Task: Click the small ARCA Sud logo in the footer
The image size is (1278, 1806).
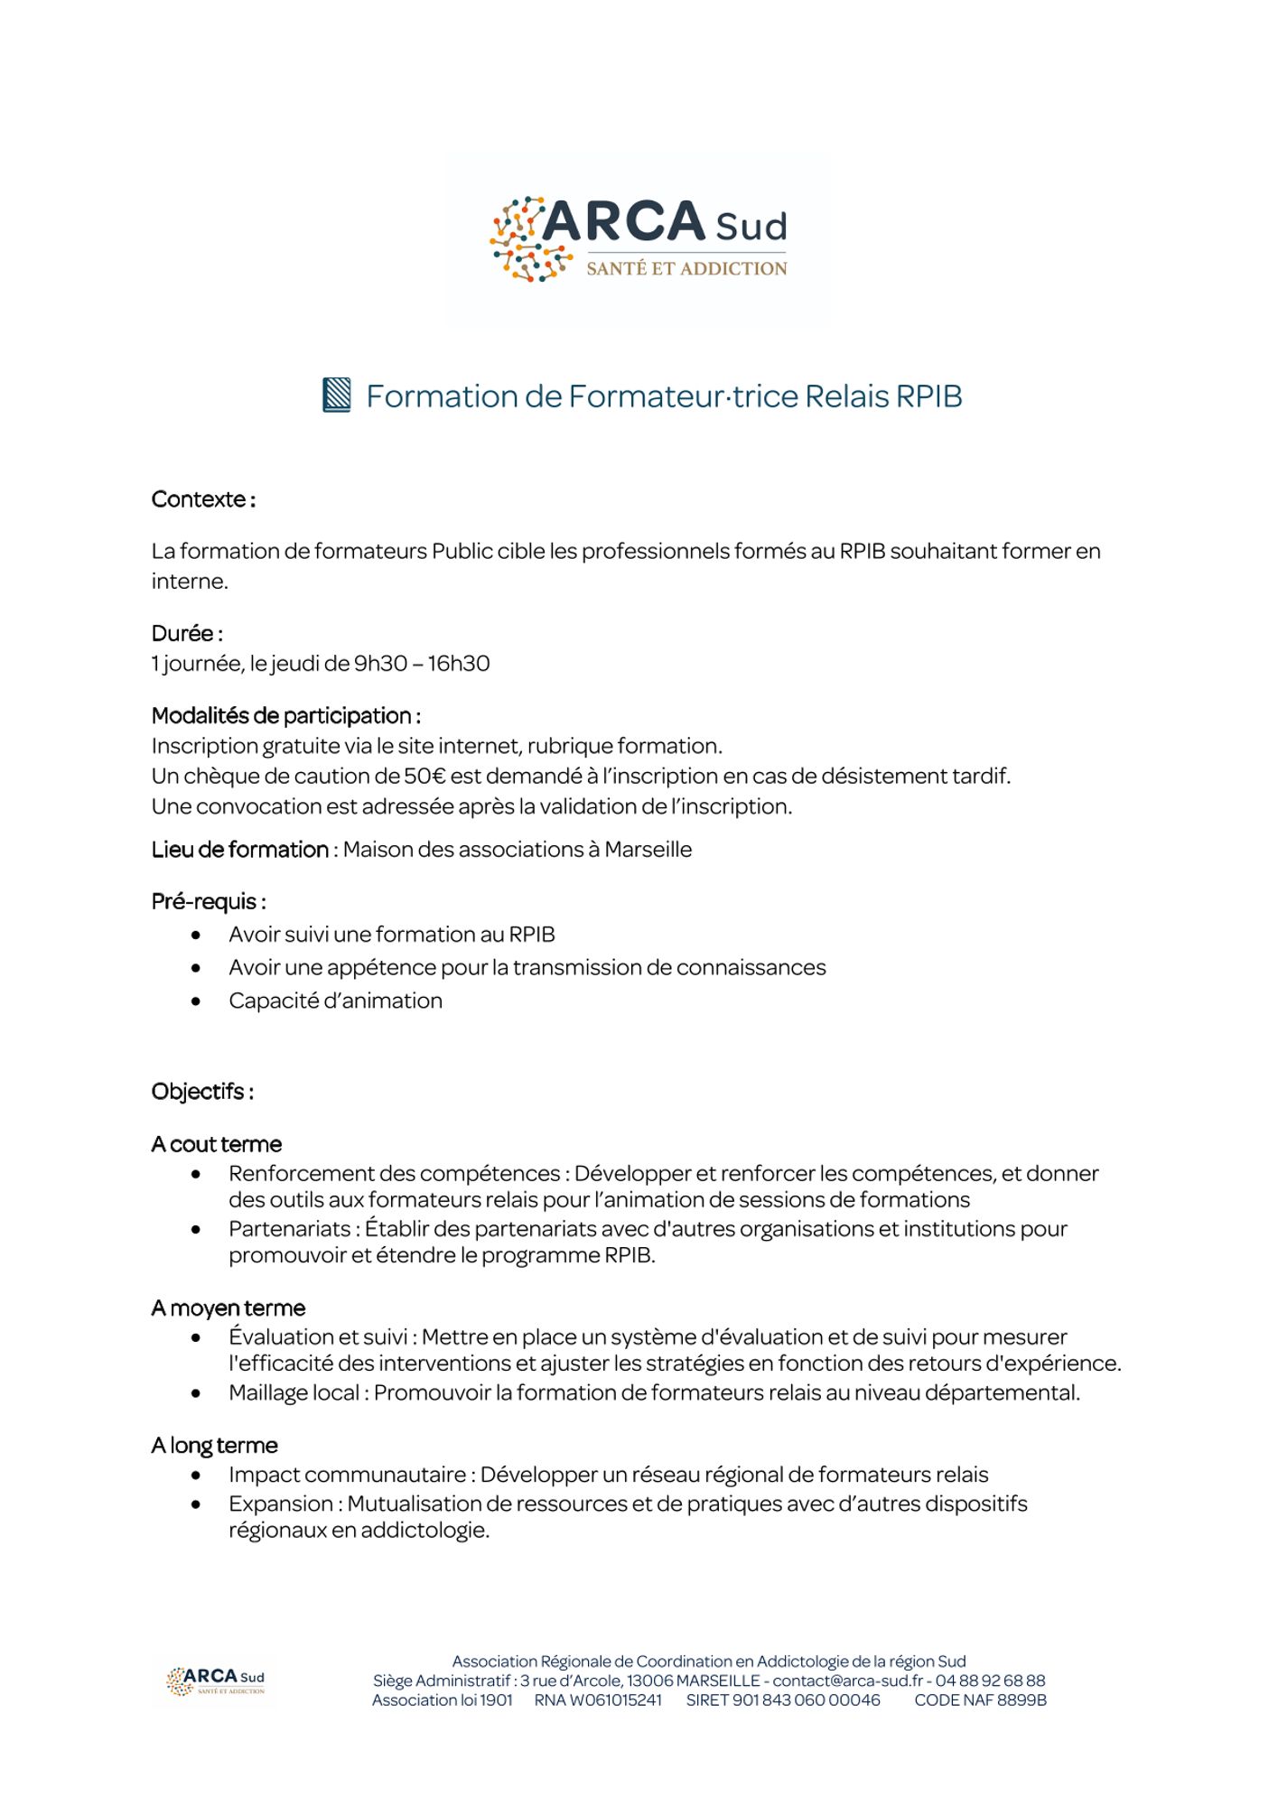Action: coord(216,1680)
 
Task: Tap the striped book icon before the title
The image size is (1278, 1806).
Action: coord(337,396)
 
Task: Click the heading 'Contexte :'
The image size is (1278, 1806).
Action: coord(203,499)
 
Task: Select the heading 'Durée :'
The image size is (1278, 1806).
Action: coord(187,633)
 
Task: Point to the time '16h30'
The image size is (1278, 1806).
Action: coord(459,664)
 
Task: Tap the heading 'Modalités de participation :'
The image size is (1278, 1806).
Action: coord(285,716)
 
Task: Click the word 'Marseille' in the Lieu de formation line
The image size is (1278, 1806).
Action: coord(648,850)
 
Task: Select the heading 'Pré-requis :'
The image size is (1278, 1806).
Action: coord(209,901)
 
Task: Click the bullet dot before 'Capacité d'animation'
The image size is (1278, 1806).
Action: coord(196,1001)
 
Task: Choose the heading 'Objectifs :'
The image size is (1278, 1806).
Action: coord(202,1092)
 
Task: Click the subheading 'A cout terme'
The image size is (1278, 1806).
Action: coord(217,1144)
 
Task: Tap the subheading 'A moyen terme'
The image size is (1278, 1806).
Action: coord(229,1308)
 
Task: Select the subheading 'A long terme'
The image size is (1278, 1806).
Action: coord(215,1445)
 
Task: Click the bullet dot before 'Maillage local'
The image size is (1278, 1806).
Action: coord(196,1393)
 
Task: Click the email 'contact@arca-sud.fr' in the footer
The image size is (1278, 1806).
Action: coord(847,1680)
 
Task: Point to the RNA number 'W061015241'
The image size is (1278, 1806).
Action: coord(616,1699)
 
